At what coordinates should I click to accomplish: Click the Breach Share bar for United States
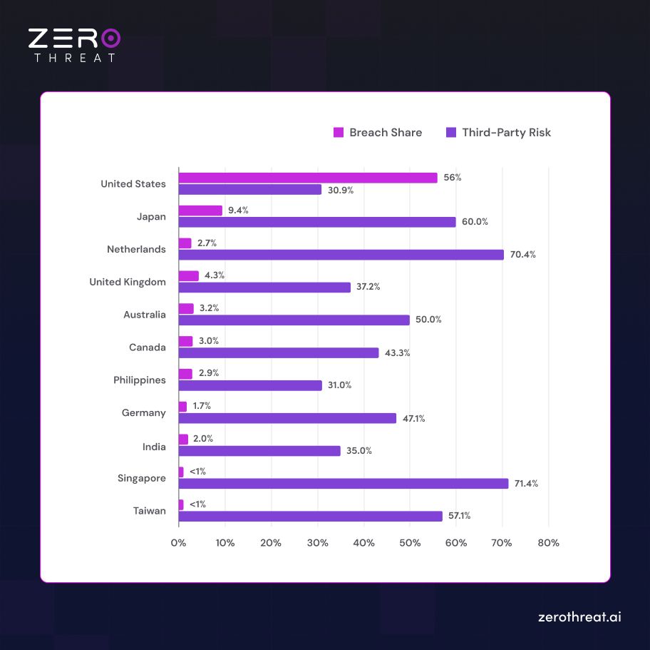click(308, 178)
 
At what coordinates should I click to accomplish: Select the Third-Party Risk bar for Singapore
click(344, 484)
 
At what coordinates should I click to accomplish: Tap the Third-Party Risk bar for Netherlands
click(341, 255)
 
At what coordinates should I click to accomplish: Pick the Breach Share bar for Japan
click(200, 210)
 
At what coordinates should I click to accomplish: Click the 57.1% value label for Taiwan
click(459, 516)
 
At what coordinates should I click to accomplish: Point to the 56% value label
click(453, 178)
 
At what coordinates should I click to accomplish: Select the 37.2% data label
click(368, 287)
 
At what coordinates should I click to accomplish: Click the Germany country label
click(144, 412)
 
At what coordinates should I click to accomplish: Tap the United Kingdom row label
click(128, 282)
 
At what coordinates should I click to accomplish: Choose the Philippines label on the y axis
click(140, 380)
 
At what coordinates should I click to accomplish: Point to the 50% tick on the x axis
click(410, 543)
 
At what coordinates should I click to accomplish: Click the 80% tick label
click(549, 543)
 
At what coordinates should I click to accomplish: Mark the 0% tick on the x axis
click(178, 543)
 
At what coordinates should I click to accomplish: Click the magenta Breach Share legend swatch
click(339, 133)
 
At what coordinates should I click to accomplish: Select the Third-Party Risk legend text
click(506, 133)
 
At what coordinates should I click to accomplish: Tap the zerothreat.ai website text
click(579, 617)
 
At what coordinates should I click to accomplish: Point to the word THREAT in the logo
click(74, 58)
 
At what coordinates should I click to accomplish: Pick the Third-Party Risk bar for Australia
click(294, 320)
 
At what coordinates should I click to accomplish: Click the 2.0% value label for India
click(203, 439)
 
